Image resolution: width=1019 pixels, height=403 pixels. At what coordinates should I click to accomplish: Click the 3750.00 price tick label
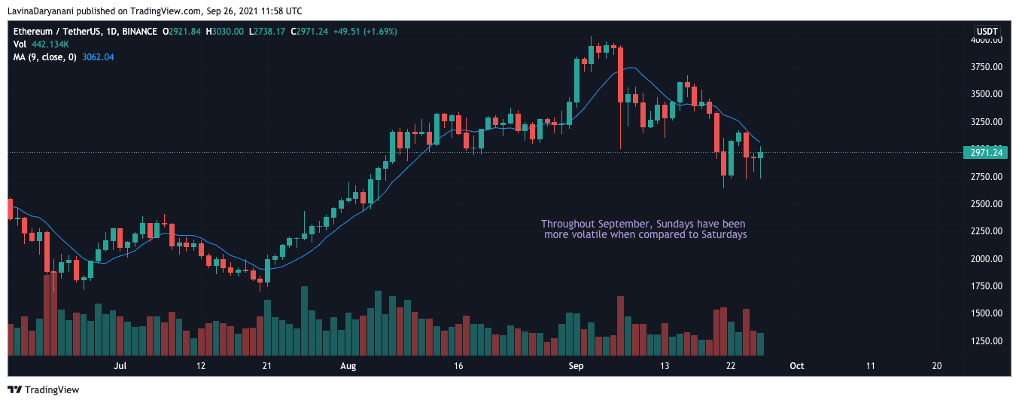[x=986, y=67]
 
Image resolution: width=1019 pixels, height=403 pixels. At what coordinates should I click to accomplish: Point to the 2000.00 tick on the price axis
[x=986, y=258]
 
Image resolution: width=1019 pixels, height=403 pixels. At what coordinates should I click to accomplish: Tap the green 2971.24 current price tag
[x=985, y=153]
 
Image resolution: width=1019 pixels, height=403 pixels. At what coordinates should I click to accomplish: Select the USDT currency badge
[x=987, y=32]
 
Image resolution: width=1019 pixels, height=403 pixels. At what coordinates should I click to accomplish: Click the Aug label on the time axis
[x=348, y=365]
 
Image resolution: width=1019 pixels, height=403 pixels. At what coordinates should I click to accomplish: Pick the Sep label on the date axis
[x=576, y=365]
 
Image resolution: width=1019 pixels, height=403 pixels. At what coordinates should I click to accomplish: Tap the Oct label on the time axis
[x=797, y=365]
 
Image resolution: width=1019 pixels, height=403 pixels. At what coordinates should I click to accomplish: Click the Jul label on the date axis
[x=120, y=365]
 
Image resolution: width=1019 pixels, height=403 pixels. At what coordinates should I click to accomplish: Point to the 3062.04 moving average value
[x=98, y=57]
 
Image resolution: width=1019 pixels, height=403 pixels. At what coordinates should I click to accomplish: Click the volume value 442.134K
[x=50, y=44]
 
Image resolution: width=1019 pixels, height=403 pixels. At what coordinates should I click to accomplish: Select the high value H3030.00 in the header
[x=225, y=32]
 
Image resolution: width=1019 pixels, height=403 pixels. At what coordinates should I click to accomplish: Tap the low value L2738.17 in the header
[x=267, y=32]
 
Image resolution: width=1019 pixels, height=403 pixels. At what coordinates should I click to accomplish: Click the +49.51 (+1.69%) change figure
[x=365, y=32]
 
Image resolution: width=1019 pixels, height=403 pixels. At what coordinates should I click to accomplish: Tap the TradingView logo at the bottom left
[x=43, y=389]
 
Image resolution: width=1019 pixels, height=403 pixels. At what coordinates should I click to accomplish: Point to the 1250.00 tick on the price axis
[x=986, y=341]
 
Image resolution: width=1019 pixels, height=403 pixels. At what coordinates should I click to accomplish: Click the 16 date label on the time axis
[x=458, y=365]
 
